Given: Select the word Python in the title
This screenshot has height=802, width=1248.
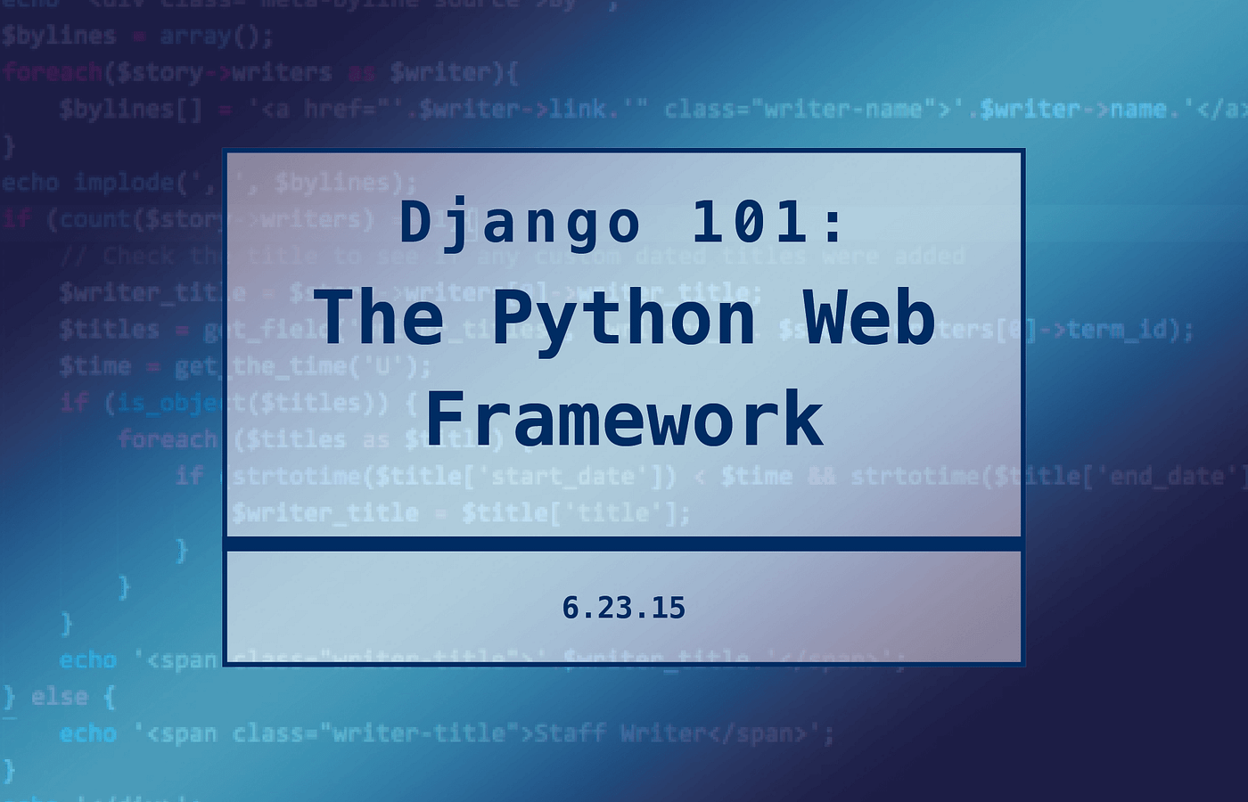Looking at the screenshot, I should (623, 319).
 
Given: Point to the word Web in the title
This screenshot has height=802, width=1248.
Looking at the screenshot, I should (869, 319).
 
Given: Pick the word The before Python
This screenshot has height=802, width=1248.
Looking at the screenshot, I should (379, 319).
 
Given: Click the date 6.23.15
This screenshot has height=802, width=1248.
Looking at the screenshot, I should (623, 608).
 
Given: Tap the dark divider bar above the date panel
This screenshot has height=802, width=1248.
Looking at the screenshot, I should (623, 544).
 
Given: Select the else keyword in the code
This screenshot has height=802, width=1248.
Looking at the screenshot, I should (60, 696).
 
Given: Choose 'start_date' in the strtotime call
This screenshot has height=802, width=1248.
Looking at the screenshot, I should (562, 476).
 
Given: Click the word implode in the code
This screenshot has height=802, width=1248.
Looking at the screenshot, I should (125, 183).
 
